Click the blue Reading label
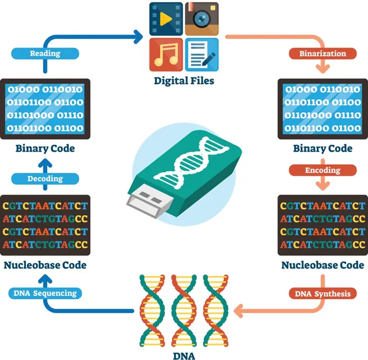click(x=45, y=54)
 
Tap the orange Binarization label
click(x=323, y=54)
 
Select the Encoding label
click(x=323, y=171)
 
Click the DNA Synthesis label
click(x=323, y=293)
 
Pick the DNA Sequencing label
click(x=45, y=293)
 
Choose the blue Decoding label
click(x=45, y=178)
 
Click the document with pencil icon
click(x=201, y=54)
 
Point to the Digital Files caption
click(x=184, y=81)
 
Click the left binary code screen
click(x=45, y=108)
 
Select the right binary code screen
click(x=323, y=108)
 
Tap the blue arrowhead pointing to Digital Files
click(x=138, y=38)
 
